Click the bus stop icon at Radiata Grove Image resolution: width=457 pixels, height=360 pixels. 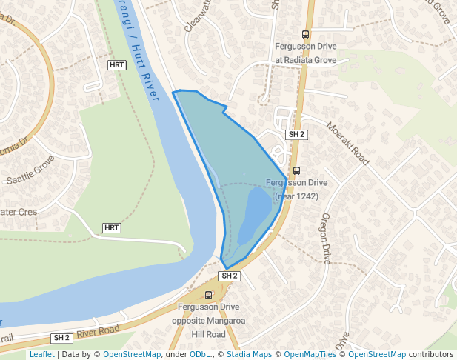pos(305,34)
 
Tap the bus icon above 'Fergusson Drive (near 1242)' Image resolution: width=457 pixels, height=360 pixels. pos(297,170)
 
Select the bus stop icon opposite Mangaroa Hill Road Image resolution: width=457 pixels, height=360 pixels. pos(208,295)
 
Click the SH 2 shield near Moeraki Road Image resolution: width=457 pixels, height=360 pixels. pos(296,134)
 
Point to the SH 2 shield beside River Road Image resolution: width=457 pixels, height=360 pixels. pos(61,338)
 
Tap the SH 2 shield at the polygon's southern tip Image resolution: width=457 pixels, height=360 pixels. pos(230,276)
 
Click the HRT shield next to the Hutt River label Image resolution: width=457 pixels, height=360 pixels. pos(116,65)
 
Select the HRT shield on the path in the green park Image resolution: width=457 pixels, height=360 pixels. pos(112,227)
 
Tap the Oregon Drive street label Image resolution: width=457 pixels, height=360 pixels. pos(325,239)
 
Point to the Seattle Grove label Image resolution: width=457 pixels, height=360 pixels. pos(30,170)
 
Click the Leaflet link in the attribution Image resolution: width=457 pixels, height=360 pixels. pos(41,354)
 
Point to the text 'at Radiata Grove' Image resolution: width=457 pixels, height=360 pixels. pos(307,59)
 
